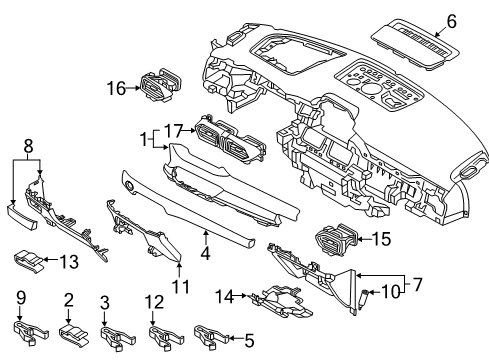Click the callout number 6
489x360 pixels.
451,22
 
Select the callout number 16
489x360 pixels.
116,89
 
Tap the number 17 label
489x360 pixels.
174,131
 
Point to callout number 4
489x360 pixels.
206,253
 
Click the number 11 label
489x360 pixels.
180,286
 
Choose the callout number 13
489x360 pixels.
69,261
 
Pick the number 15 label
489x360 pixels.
381,239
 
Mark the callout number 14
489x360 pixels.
225,296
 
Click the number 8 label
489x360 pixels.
28,146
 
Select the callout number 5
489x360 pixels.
249,341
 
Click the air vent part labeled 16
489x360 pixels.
161,85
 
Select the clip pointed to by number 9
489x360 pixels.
30,332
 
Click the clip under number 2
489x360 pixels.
74,334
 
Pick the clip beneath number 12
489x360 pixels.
166,336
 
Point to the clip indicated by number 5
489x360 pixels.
211,335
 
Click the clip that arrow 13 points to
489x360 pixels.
29,261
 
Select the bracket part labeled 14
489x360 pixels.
282,301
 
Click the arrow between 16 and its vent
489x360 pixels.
133,88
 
